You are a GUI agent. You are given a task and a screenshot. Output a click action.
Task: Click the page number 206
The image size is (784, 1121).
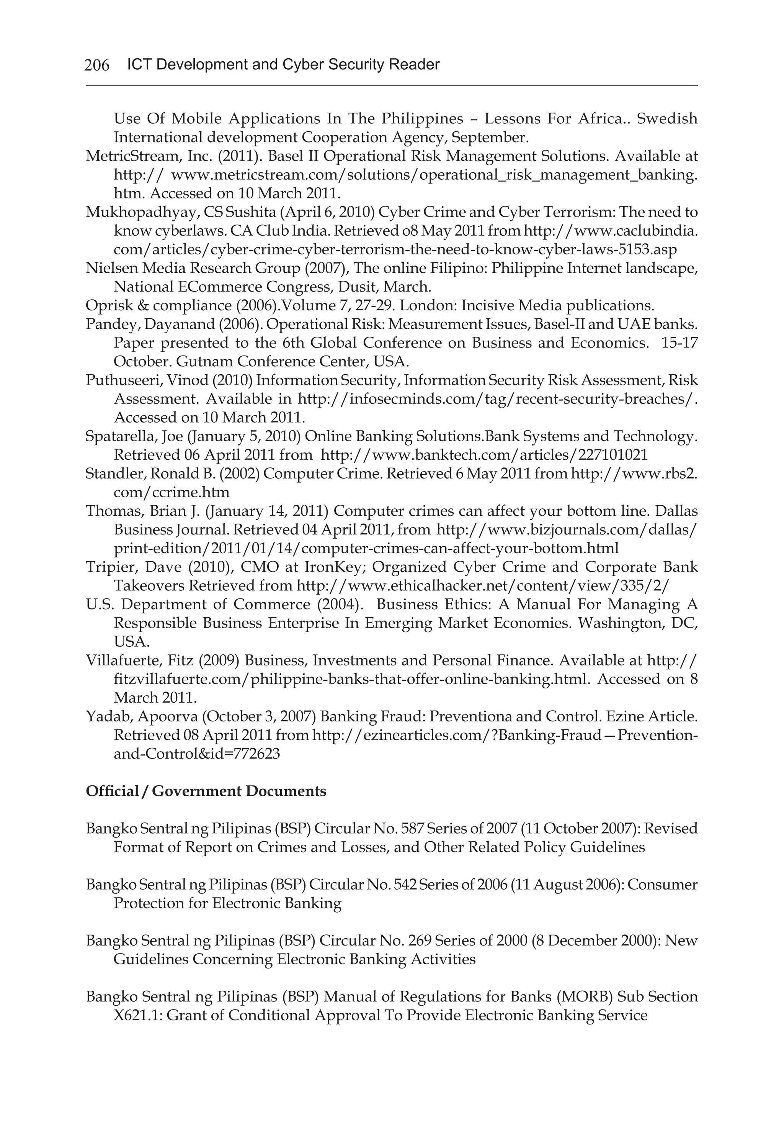click(x=96, y=65)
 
